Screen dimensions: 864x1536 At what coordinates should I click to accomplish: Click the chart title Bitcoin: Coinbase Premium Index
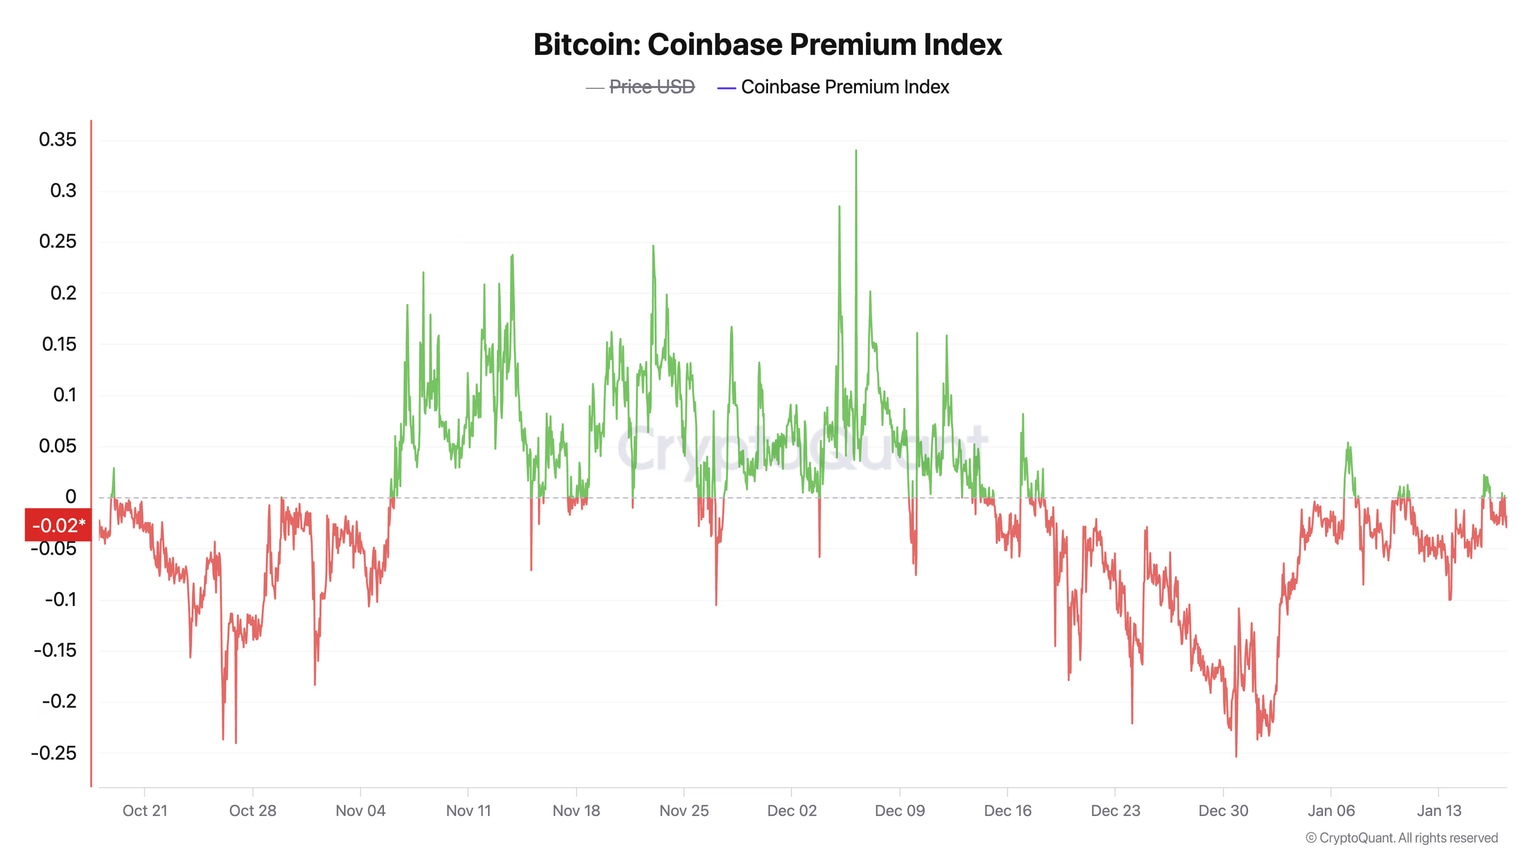click(x=767, y=45)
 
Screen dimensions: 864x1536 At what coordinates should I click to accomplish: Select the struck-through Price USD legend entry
click(x=651, y=88)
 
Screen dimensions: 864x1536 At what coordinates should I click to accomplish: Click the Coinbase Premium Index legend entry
click(x=844, y=88)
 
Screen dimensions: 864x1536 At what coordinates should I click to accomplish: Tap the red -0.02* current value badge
click(x=58, y=525)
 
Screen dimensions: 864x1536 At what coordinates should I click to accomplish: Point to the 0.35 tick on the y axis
click(x=58, y=140)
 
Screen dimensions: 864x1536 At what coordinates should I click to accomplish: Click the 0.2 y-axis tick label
click(x=63, y=293)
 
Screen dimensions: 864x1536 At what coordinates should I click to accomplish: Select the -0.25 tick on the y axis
click(x=54, y=753)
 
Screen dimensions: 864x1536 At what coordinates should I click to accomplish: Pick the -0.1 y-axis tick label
click(x=60, y=600)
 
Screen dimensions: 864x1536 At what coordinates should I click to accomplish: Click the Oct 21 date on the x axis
click(x=145, y=811)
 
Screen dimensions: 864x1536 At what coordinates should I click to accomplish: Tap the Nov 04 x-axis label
click(x=360, y=811)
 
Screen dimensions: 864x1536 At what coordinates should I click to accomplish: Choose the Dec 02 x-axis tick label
click(x=792, y=811)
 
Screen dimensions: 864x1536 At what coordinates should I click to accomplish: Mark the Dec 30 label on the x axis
click(x=1223, y=811)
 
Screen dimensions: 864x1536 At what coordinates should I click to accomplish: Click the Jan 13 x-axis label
click(x=1439, y=811)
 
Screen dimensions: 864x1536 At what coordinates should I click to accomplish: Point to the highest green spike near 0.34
click(x=856, y=152)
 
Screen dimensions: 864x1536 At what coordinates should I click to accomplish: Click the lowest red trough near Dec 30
click(x=1236, y=754)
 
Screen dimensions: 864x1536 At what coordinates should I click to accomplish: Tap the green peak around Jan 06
click(x=1349, y=444)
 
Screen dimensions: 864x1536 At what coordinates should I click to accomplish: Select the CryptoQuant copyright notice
click(x=1401, y=838)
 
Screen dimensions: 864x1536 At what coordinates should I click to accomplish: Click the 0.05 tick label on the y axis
click(x=58, y=446)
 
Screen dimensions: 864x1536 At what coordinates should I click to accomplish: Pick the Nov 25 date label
click(x=684, y=811)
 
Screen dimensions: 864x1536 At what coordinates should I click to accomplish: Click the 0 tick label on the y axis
click(x=70, y=497)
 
